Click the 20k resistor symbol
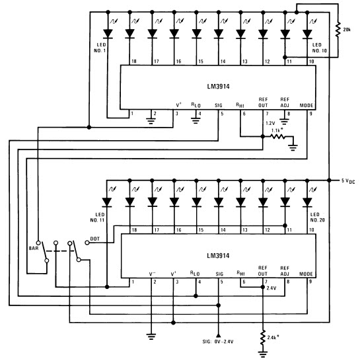pos(338,30)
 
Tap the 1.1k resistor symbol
pos(278,136)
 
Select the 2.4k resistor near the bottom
pos(263,337)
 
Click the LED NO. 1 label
pos(100,48)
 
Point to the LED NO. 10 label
pos(319,48)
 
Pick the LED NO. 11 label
pos(98,218)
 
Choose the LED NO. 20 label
pos(318,217)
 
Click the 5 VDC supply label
pos(348,181)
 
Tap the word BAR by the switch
pos(34,248)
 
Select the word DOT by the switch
pos(94,239)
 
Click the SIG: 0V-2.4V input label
pos(218,342)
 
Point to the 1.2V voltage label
pos(270,123)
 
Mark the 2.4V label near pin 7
pos(271,288)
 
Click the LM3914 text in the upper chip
pos(218,87)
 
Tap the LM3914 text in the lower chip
pos(218,256)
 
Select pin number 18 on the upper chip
pos(133,61)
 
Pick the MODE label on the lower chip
pos(306,274)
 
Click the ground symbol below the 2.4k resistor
pos(263,354)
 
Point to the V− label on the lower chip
pos(153,274)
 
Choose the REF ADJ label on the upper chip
pos(285,102)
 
